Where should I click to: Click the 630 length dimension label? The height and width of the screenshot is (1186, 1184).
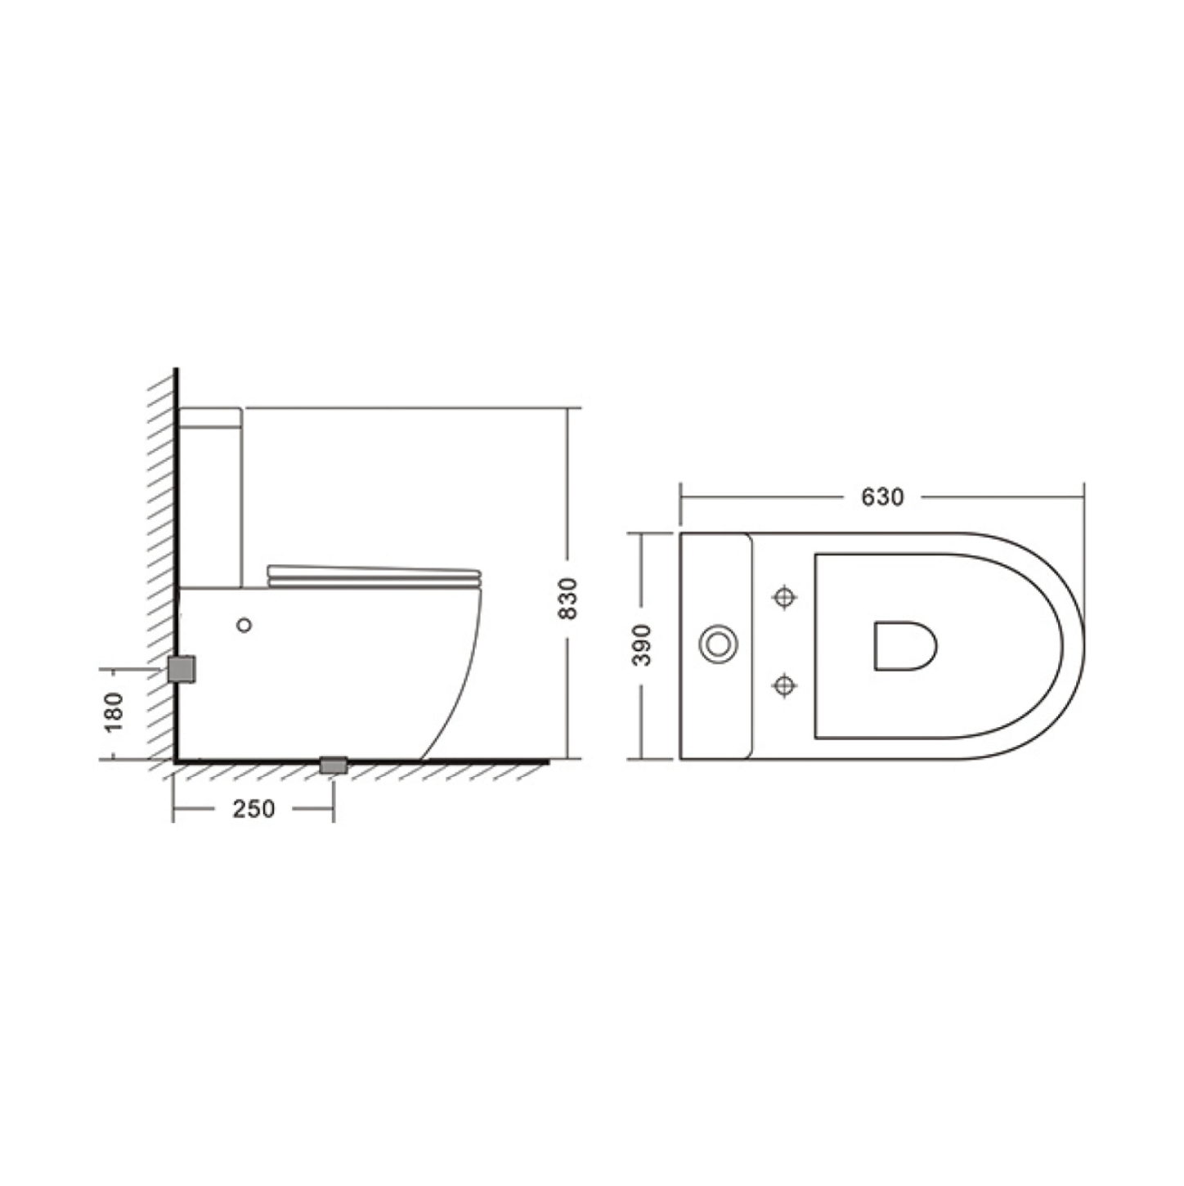(882, 497)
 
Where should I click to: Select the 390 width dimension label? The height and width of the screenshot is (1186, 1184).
(642, 645)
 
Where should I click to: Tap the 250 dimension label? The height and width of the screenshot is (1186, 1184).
(253, 809)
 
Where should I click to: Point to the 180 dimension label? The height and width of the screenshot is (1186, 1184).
(114, 712)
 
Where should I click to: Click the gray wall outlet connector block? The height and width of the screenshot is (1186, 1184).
(182, 669)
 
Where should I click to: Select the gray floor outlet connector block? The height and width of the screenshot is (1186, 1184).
(334, 765)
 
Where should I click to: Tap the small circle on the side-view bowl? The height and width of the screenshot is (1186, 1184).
(244, 626)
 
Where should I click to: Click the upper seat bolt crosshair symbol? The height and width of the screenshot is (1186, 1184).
(784, 597)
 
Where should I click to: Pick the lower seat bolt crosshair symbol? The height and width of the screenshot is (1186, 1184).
(784, 685)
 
